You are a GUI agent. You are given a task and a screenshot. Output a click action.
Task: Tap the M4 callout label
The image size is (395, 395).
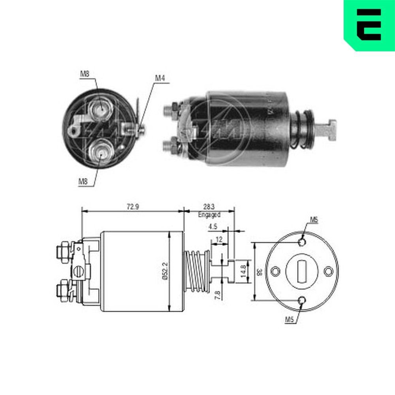159,78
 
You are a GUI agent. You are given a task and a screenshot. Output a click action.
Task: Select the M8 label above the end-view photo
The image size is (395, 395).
84,73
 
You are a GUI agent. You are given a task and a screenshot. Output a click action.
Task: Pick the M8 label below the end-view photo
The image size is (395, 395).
83,182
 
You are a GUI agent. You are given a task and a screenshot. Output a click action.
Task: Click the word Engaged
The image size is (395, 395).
209,215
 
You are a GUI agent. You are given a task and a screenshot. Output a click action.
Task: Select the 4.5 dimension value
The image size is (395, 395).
213,227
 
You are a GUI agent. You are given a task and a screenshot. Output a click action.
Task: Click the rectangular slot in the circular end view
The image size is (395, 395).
302,271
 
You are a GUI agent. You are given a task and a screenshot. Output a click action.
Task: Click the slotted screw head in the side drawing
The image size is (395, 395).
79,272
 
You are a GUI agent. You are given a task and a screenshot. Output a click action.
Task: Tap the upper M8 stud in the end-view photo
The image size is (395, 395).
100,107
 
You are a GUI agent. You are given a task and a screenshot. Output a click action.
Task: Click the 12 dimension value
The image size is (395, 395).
219,239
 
